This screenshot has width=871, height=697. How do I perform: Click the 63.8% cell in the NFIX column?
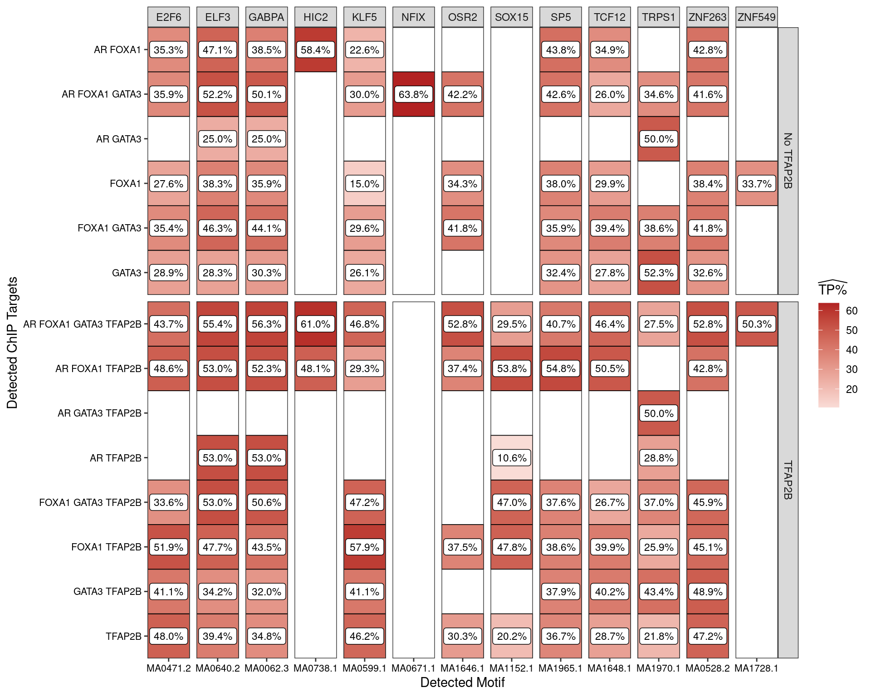coord(413,94)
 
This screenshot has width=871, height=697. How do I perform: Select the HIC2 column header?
coord(315,17)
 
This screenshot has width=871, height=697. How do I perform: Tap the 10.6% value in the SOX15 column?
coord(512,458)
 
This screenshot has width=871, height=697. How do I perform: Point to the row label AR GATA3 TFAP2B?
coord(99,413)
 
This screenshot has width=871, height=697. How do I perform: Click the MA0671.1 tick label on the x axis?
coord(413,668)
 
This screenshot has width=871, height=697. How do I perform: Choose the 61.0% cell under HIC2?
coord(315,324)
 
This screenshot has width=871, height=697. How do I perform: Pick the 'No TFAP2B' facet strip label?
coord(788,161)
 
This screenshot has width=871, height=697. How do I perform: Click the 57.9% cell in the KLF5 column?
coord(364,547)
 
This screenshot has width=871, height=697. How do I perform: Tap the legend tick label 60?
coord(851,311)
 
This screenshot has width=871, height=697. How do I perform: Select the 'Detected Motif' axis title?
coord(462,682)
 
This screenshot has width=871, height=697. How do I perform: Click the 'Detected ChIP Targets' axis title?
coord(12,343)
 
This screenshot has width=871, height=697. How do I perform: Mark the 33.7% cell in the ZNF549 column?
coord(757,184)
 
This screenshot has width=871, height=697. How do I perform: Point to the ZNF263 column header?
coord(707,17)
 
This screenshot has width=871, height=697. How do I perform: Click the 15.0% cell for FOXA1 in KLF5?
coord(364,184)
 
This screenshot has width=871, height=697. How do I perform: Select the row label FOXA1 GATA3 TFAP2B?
coord(90,503)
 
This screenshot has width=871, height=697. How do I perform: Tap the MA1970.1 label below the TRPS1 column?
coord(658,668)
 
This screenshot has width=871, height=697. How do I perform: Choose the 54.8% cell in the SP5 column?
coord(561,368)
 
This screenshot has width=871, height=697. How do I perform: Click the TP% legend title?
coord(832,289)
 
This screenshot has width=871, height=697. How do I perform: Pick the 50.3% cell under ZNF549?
coord(757,324)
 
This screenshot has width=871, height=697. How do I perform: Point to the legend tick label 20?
coord(851,389)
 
